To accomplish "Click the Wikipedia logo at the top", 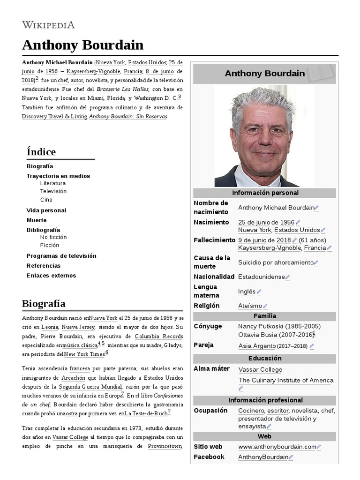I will click(x=48, y=25).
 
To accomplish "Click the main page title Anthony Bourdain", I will click(x=82, y=45).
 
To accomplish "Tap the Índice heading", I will click(x=41, y=152).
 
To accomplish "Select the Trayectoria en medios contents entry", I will click(x=58, y=176).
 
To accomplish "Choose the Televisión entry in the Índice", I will click(x=53, y=191).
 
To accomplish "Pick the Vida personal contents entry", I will click(x=46, y=210).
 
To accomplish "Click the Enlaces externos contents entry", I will click(x=51, y=276).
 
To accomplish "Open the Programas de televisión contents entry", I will click(x=61, y=256).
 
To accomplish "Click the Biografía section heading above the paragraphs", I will click(x=44, y=303).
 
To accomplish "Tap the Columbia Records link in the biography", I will click(x=158, y=337).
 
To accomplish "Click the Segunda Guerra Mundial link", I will click(x=90, y=387).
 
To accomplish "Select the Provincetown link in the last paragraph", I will click(x=165, y=446).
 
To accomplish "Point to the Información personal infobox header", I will click(x=265, y=193).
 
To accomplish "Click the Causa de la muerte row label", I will click(x=212, y=262).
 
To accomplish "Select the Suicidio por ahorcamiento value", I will click(x=275, y=262).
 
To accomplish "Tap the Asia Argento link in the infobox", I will click(x=257, y=346).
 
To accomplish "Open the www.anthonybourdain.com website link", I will click(x=277, y=447).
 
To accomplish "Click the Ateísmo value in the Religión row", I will click(x=250, y=306).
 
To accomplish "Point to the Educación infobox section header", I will click(x=265, y=358).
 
